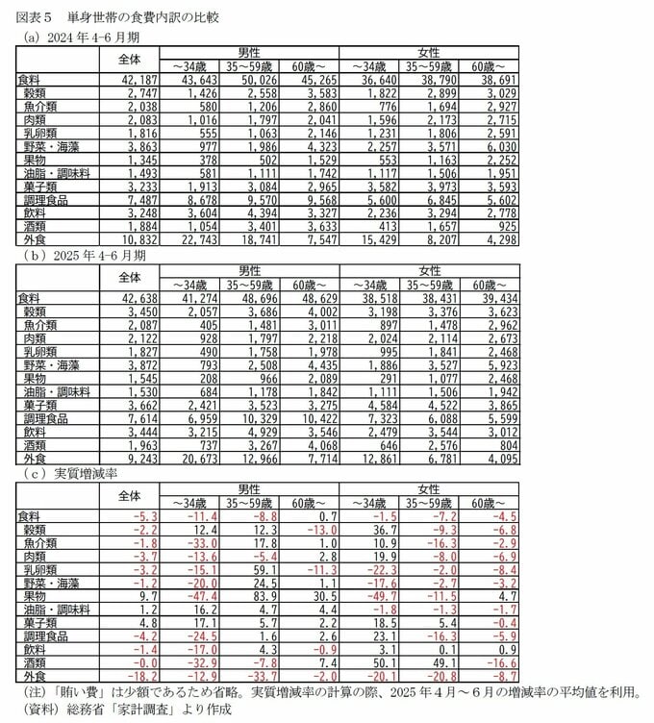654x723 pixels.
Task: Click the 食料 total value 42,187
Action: click(134, 80)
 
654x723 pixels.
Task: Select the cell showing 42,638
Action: click(134, 301)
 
